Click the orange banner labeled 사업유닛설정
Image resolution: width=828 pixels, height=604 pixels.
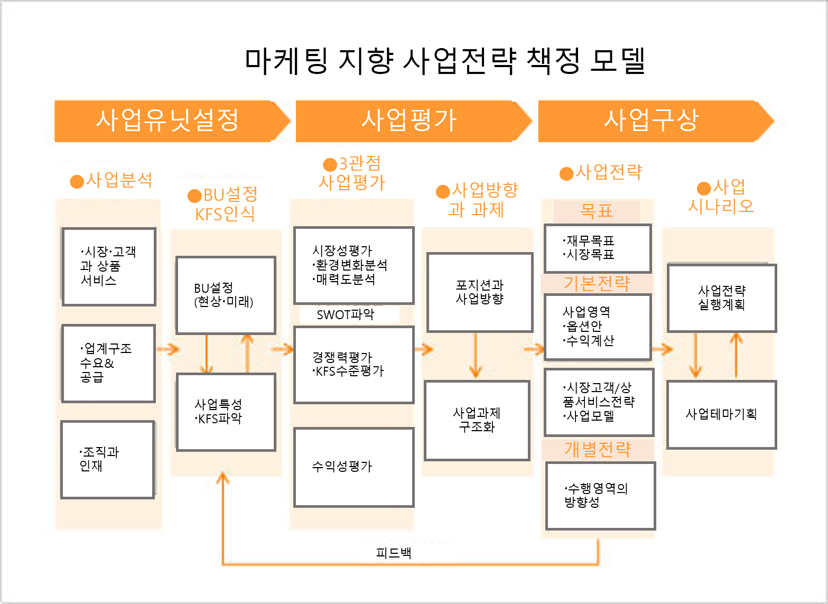pyautogui.click(x=172, y=121)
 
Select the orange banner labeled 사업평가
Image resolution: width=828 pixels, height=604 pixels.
pyautogui.click(x=413, y=121)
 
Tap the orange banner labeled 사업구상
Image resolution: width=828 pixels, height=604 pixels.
pyautogui.click(x=656, y=121)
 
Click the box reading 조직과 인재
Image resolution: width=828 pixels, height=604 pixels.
pyautogui.click(x=108, y=459)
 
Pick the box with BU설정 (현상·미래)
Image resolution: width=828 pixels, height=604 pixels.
pyautogui.click(x=226, y=295)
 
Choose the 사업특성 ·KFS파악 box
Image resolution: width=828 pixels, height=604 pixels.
pyautogui.click(x=226, y=412)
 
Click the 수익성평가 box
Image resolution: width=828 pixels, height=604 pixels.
pyautogui.click(x=353, y=467)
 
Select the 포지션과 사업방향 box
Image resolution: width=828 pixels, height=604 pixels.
pyautogui.click(x=480, y=292)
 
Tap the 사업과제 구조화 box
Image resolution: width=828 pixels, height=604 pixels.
pyautogui.click(x=477, y=420)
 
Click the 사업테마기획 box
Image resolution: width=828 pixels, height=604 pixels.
pyautogui.click(x=722, y=415)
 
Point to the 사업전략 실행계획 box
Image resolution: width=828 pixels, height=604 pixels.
pyautogui.click(x=722, y=298)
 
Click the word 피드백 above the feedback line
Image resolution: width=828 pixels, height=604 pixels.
pyautogui.click(x=394, y=553)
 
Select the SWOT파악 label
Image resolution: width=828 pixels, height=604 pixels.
pyautogui.click(x=346, y=314)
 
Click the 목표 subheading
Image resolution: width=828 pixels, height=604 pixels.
pyautogui.click(x=597, y=211)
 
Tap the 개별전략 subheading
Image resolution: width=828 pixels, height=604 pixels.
pyautogui.click(x=598, y=450)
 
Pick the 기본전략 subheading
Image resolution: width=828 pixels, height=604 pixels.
pyautogui.click(x=597, y=284)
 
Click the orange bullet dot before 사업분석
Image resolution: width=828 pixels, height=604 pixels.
pyautogui.click(x=77, y=181)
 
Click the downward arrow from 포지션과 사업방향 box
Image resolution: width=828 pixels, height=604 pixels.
pyautogui.click(x=476, y=356)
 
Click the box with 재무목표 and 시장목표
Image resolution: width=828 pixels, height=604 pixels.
pyautogui.click(x=598, y=248)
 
